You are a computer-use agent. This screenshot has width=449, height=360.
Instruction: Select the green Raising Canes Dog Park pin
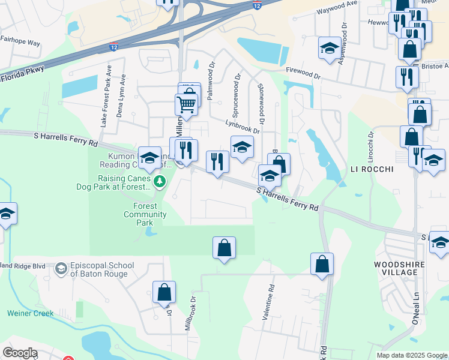(x=159, y=181)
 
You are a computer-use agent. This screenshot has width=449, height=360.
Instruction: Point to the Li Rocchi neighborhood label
(x=372, y=170)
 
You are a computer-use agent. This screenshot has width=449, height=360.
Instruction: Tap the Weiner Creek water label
(x=31, y=313)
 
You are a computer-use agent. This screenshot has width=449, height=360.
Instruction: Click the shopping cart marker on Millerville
(x=186, y=104)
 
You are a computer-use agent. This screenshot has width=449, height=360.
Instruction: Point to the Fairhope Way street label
(x=20, y=43)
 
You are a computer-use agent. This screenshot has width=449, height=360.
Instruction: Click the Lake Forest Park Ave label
(x=106, y=95)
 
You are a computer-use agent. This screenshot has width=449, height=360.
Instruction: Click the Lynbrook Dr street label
(x=243, y=125)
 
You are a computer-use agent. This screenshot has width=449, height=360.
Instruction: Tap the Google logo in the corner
(x=20, y=353)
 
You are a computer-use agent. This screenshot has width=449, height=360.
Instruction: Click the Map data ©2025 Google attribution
(x=411, y=355)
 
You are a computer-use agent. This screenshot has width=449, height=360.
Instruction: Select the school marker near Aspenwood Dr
(x=330, y=48)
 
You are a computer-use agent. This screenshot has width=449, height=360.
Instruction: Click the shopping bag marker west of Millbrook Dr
(x=164, y=292)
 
